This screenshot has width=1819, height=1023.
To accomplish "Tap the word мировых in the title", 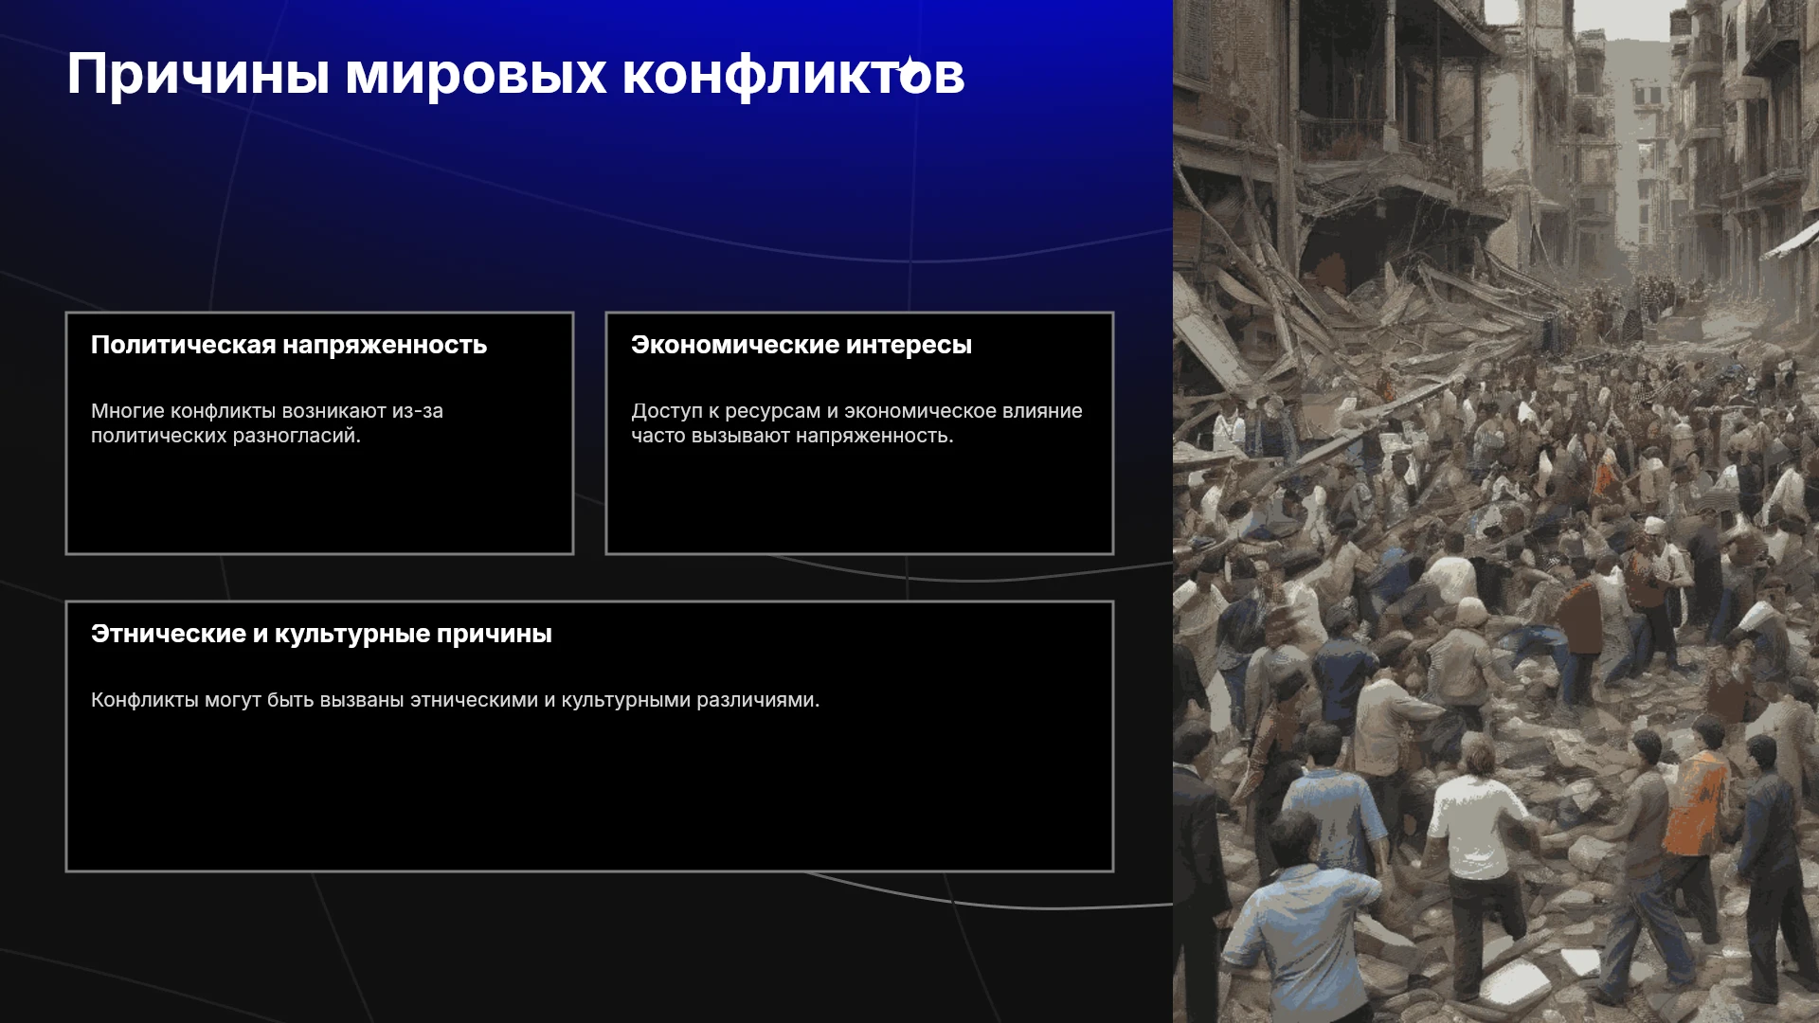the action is [x=475, y=75].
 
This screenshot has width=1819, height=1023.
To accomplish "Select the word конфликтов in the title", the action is [x=793, y=75].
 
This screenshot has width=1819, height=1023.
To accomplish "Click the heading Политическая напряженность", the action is [x=289, y=345].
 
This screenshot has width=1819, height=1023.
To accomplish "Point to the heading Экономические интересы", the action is [x=801, y=345].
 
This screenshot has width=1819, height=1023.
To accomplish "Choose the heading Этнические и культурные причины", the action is [x=321, y=634].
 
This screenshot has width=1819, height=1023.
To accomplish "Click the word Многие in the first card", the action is [x=127, y=411].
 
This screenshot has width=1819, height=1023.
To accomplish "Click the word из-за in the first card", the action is [x=418, y=412].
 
